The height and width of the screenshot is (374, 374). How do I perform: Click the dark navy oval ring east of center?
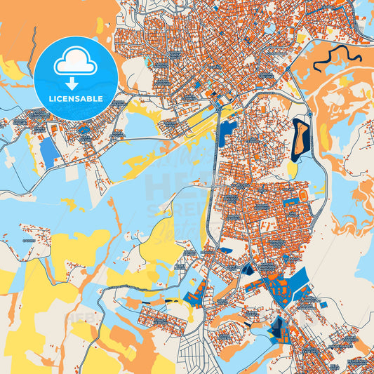(x=300, y=138)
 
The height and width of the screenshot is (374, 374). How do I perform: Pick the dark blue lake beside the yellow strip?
(x=227, y=133)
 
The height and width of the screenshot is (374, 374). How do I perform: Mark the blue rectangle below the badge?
(x=49, y=151)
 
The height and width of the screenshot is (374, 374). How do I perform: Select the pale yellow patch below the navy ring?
(x=292, y=169)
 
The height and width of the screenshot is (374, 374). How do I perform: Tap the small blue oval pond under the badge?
(x=84, y=129)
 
